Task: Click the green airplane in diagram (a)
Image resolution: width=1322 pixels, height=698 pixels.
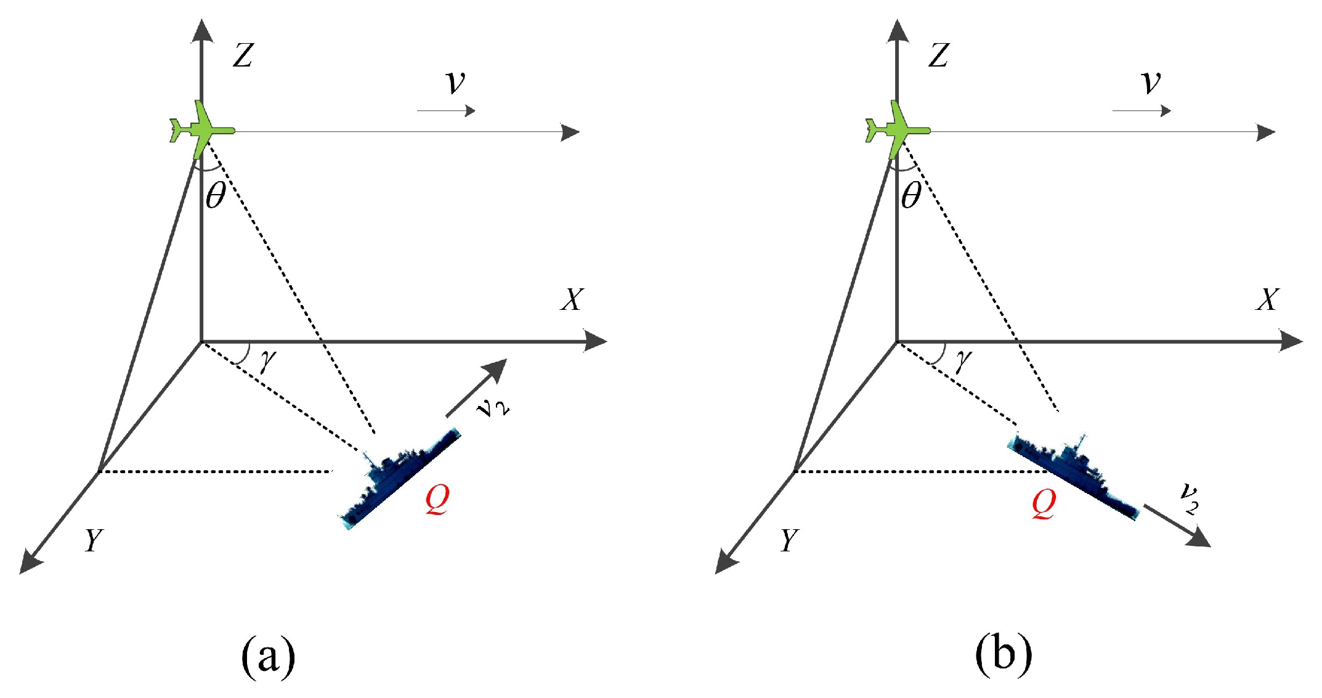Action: point(200,130)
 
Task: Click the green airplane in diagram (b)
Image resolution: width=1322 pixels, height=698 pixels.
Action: point(896,130)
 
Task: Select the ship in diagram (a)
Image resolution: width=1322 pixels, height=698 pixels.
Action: point(399,478)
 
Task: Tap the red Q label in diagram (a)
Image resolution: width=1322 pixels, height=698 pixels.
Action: point(437,500)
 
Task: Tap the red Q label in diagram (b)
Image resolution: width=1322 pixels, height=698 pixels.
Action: point(1044,504)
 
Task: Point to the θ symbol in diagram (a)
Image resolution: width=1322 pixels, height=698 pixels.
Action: point(216,196)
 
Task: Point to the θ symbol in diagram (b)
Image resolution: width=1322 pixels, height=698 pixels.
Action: point(911,196)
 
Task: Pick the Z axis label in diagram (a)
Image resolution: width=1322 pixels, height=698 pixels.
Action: point(243,55)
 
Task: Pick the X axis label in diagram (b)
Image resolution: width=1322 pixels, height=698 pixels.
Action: point(1268,300)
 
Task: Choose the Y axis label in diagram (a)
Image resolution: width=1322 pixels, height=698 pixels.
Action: point(93,541)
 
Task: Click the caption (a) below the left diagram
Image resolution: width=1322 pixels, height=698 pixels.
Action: point(268,656)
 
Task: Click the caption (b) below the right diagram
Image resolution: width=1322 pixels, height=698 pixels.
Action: point(1003,656)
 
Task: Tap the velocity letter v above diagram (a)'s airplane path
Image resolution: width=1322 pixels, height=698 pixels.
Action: point(455,82)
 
